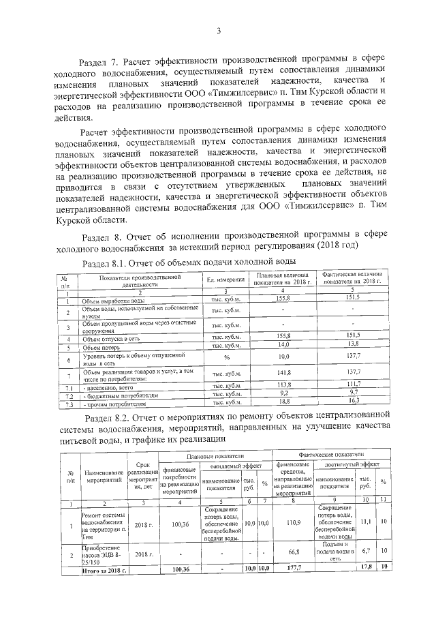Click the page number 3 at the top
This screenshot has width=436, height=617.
click(219, 30)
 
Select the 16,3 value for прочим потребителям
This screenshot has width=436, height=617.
click(352, 403)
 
